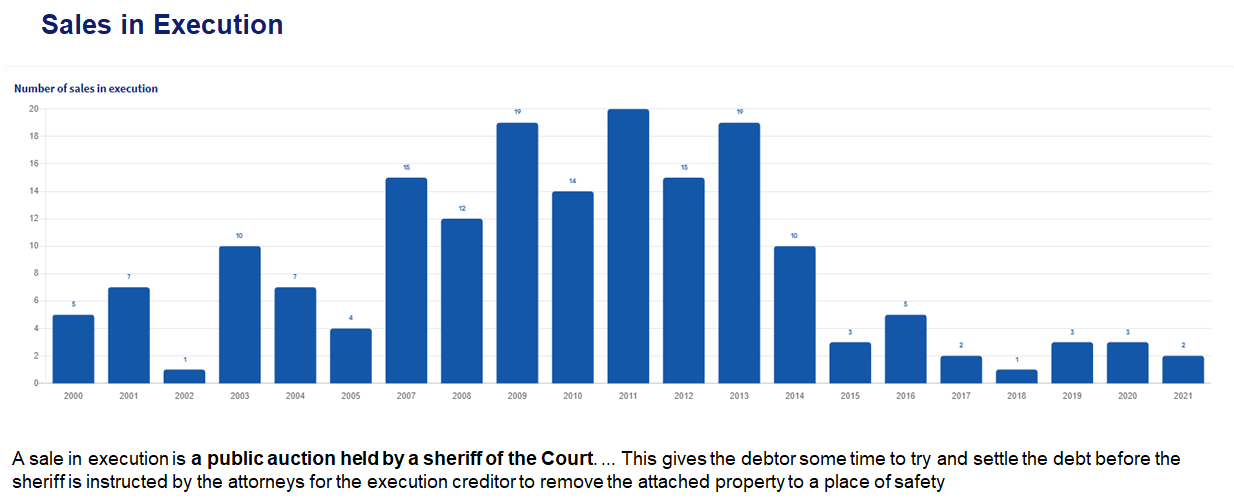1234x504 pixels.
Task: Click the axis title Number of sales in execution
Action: [86, 88]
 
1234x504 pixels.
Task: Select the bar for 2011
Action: [628, 246]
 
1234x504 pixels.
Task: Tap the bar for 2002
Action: [184, 377]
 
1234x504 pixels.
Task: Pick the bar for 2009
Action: [517, 253]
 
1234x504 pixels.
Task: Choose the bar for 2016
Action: [905, 349]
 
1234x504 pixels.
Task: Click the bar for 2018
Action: [1016, 377]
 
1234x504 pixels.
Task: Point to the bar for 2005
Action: [351, 356]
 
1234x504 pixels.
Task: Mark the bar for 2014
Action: [794, 315]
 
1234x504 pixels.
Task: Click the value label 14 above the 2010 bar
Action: [573, 181]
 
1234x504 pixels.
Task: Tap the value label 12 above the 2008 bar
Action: [462, 208]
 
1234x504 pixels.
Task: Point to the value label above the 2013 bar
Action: [739, 112]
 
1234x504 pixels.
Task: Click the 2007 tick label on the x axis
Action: [406, 396]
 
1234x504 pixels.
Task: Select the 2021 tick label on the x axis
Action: [1183, 396]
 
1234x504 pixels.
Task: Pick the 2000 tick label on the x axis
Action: [73, 396]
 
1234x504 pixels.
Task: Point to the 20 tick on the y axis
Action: [33, 109]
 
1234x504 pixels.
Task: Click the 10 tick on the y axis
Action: [33, 246]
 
